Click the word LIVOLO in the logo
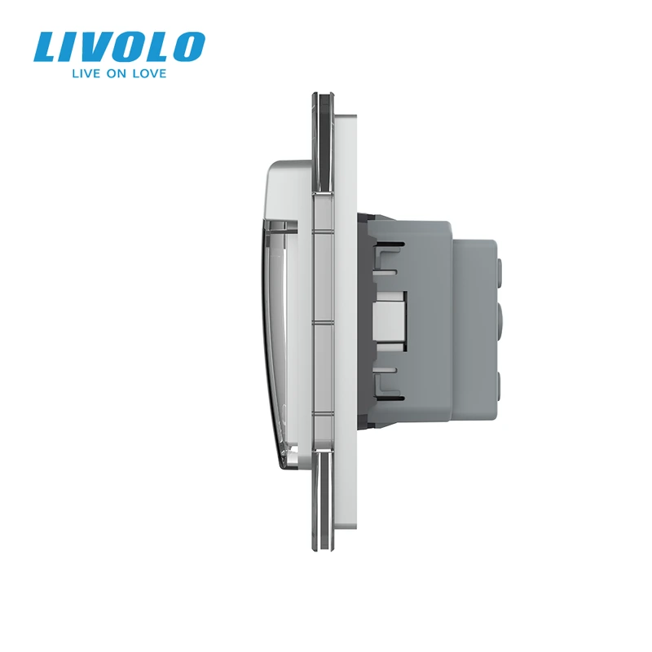tap(119, 47)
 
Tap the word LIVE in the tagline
tap(86, 73)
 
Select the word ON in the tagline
tap(117, 73)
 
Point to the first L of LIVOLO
tap(50, 47)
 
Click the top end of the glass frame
tap(321, 95)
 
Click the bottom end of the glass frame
tap(321, 548)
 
